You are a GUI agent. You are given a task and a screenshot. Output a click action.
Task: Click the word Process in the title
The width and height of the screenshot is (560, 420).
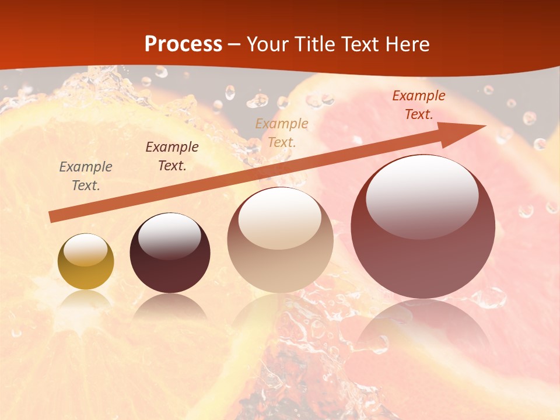(183, 44)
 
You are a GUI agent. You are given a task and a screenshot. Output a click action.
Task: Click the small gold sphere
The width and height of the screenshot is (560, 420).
(86, 262)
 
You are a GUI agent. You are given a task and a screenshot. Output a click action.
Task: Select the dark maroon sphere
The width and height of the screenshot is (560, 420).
(170, 253)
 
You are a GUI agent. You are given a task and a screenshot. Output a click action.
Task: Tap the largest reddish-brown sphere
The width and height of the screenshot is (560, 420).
(423, 227)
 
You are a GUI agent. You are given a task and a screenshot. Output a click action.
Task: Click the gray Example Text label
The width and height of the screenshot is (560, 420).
(86, 176)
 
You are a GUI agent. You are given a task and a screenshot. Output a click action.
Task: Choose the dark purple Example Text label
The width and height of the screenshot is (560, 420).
(172, 156)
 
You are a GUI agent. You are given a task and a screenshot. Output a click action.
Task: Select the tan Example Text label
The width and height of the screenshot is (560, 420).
(282, 132)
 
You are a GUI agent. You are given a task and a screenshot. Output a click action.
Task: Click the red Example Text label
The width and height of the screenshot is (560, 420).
(419, 105)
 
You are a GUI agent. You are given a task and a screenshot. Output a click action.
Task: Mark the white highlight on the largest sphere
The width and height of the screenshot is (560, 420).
(422, 195)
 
